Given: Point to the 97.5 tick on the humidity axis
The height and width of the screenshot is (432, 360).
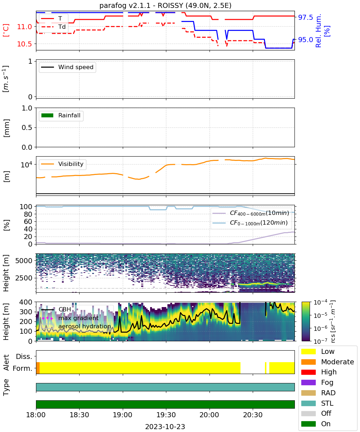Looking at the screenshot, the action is tap(306, 17).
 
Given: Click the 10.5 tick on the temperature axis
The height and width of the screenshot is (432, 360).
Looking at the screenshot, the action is tap(24, 44).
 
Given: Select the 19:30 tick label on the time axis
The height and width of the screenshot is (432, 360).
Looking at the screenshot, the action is tap(166, 415).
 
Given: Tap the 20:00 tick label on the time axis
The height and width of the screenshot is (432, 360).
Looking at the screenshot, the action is tap(210, 415).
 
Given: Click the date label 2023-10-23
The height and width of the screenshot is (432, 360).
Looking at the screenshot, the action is tap(165, 427).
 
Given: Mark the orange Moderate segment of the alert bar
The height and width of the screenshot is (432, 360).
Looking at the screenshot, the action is tap(38, 368).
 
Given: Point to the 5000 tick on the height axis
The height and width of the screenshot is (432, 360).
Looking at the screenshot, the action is tap(24, 261).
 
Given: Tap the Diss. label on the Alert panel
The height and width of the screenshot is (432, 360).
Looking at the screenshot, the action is tap(24, 356).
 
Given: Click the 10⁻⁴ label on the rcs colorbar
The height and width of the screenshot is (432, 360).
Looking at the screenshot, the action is tap(320, 303).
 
